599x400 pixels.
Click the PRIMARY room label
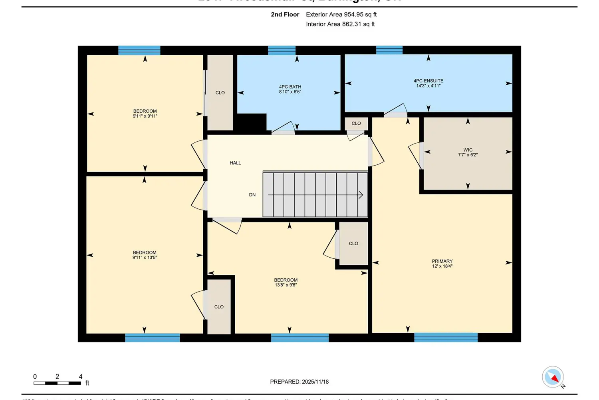coord(442,263)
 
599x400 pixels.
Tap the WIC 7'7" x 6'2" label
coord(468,152)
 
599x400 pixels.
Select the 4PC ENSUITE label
coord(428,83)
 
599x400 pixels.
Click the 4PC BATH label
coord(290,89)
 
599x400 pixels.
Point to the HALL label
coord(235,163)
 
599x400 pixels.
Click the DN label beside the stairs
coord(252,195)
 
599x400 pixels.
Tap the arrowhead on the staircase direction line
coord(361,195)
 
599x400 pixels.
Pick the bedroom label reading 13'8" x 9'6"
coord(286,282)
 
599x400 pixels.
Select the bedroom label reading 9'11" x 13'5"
coord(145,255)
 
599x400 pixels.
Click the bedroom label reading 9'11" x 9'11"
coord(145,114)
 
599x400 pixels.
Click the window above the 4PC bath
coord(282,50)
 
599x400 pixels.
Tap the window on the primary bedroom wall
coord(446,337)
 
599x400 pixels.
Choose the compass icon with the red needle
coord(553,377)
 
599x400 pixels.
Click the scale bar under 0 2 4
coord(57,383)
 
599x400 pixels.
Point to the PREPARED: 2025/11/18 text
coord(299,382)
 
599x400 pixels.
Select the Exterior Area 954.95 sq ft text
coord(341,14)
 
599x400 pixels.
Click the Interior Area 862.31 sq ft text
coord(340,24)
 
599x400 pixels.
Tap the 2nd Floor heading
coord(285,14)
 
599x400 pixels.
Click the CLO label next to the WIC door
coord(356,123)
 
